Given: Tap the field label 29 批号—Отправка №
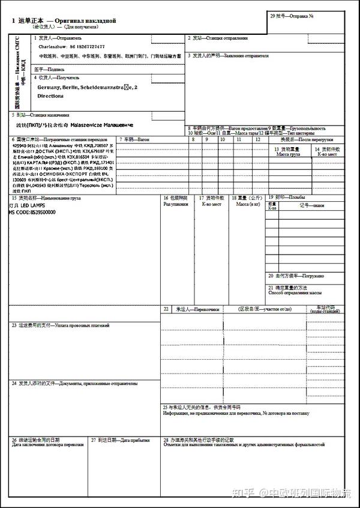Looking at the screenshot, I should click(x=292, y=16).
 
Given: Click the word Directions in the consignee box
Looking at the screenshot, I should click(x=50, y=95).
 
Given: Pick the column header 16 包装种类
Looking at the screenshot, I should click(x=176, y=198).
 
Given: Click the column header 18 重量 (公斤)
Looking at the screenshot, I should click(x=247, y=198).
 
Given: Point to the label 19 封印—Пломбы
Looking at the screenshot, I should click(x=287, y=197).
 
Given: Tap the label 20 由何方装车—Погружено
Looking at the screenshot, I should click(x=296, y=276).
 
